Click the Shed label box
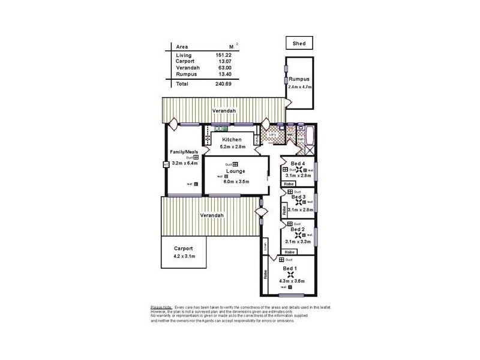click(x=299, y=43)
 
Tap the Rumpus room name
click(x=299, y=79)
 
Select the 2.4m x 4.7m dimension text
click(x=299, y=87)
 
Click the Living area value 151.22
click(x=223, y=55)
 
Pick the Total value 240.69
click(x=223, y=84)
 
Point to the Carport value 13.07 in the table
click(x=223, y=61)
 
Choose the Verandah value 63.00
click(x=223, y=68)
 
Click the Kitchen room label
click(x=231, y=140)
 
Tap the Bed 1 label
click(x=290, y=268)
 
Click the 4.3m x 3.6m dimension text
click(x=292, y=281)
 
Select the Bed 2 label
click(x=298, y=229)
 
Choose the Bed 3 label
click(x=298, y=197)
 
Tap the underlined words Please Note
click(x=161, y=307)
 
